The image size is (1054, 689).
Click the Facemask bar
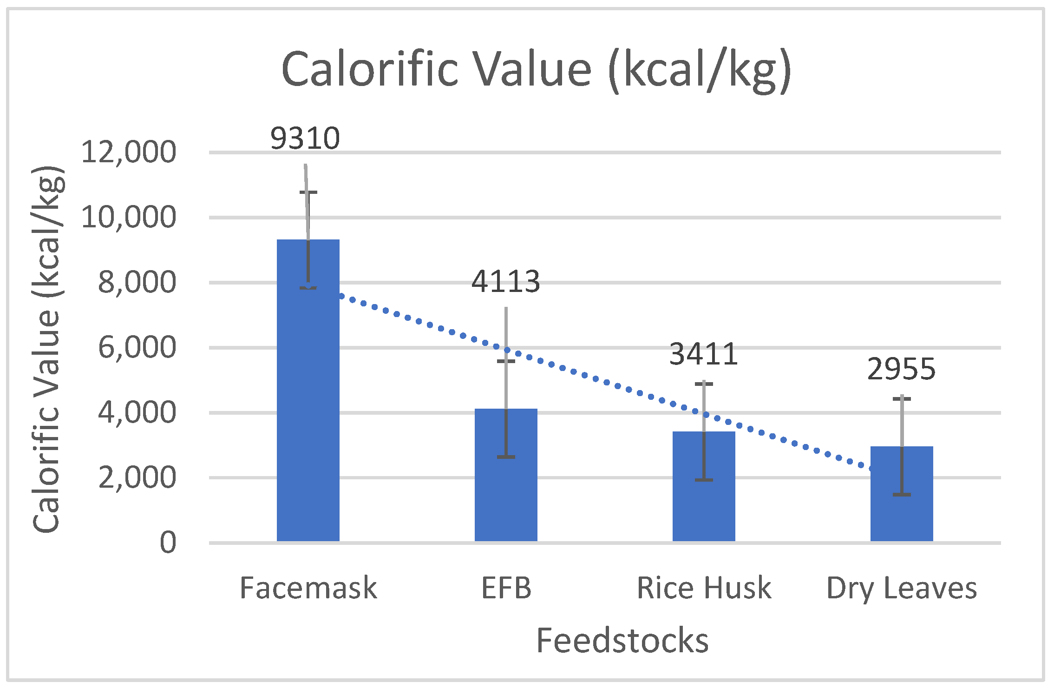tap(308, 409)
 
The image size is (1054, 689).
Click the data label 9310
tap(305, 138)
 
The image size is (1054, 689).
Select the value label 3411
tap(704, 354)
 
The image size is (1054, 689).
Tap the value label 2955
tap(902, 369)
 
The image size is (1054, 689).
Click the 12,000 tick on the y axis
tap(129, 152)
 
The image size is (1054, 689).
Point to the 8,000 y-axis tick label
tap(137, 282)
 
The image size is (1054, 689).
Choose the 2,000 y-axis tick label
tap(137, 477)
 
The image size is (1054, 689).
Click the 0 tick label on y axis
tap(168, 543)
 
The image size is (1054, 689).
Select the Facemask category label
tap(308, 588)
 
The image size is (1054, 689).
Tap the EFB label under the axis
tap(506, 588)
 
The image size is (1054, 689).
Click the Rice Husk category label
tap(704, 588)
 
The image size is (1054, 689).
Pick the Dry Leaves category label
tap(902, 588)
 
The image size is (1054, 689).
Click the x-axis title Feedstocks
tap(622, 640)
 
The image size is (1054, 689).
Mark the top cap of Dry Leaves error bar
tap(902, 399)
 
